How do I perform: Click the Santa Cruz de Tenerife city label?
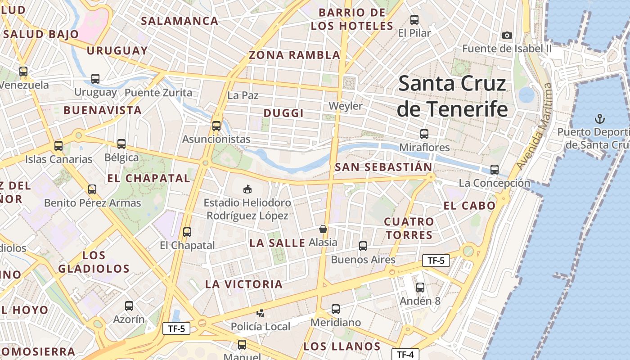click(x=452, y=96)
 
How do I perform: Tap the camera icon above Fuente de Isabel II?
click(x=507, y=35)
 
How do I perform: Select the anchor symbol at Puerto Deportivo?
click(x=599, y=119)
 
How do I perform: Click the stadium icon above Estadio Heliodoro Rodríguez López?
click(x=247, y=189)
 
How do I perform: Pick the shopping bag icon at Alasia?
click(x=323, y=229)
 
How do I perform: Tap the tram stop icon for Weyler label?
click(x=345, y=106)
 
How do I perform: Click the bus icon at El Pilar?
click(x=414, y=20)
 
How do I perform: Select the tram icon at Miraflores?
click(x=424, y=134)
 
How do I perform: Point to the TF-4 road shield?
click(x=405, y=354)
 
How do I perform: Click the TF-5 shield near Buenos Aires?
click(x=436, y=260)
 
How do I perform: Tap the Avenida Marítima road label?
click(x=533, y=127)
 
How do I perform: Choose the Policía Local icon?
click(x=260, y=313)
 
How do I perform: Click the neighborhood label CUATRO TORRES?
click(x=409, y=228)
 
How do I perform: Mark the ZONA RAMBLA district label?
click(x=295, y=55)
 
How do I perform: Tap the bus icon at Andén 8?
click(x=420, y=287)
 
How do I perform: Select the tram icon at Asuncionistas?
click(x=216, y=126)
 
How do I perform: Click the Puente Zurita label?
click(x=158, y=93)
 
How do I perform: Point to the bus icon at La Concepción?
click(x=495, y=170)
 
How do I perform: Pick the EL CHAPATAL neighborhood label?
click(x=148, y=178)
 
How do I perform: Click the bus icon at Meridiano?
click(x=336, y=309)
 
